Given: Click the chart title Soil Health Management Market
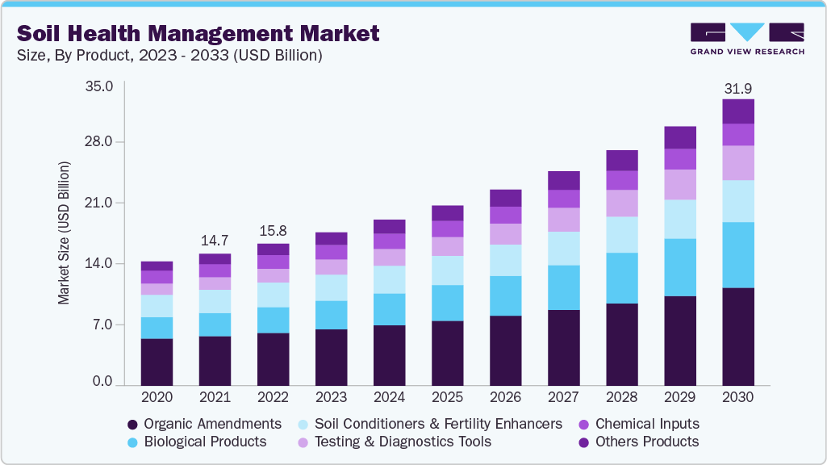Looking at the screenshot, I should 198,34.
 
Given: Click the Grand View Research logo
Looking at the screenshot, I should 746,38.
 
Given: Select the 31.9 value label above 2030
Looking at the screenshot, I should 737,87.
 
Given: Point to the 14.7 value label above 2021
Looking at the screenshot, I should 215,241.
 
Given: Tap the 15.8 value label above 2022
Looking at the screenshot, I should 273,231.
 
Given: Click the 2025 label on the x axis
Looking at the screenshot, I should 447,397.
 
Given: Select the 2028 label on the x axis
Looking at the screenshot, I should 621,397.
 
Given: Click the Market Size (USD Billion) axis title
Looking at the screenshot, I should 64,232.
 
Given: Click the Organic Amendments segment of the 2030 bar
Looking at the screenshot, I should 737,336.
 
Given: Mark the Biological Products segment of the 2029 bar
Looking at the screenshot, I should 679,267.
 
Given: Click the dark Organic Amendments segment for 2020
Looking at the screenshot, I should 157,362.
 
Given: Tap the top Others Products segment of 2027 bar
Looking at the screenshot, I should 563,180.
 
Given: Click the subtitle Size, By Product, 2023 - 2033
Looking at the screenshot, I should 169,56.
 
